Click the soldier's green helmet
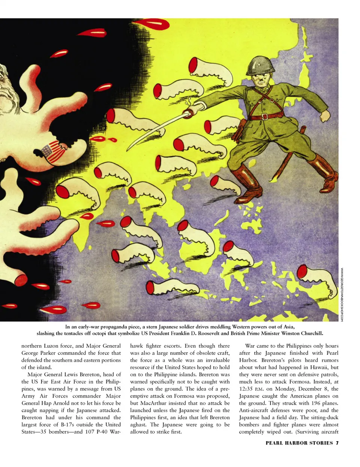[x=259, y=64]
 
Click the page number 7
[x=337, y=443]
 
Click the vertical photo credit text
[x=342, y=294]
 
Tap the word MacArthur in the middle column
[x=153, y=403]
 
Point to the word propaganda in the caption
[x=114, y=327]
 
